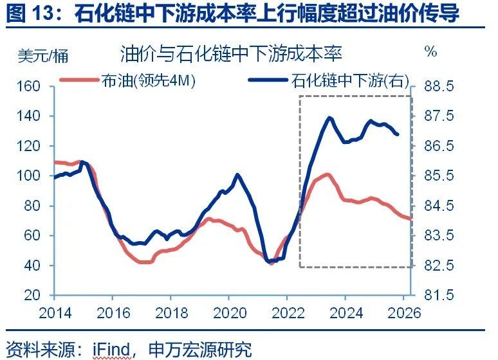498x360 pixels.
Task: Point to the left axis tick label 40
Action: pyautogui.click(x=32, y=265)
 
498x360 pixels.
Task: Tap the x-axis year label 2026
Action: pyautogui.click(x=403, y=314)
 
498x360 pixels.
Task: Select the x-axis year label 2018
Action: pyautogui.click(x=171, y=314)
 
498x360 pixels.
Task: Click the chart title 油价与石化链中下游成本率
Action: pyautogui.click(x=230, y=53)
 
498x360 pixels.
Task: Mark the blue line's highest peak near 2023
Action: pyautogui.click(x=329, y=118)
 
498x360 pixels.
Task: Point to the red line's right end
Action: pyautogui.click(x=410, y=219)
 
